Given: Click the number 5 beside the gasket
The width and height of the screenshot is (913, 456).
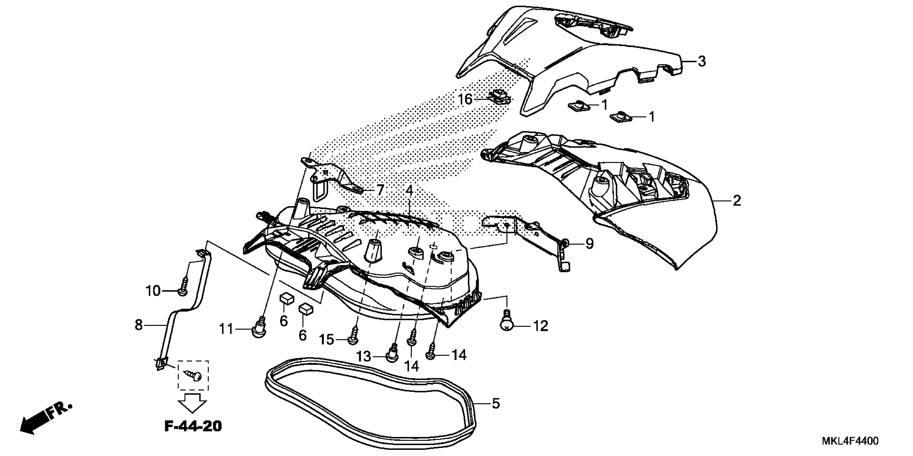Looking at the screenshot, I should [495, 403].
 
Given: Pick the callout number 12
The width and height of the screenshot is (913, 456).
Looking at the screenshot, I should [541, 326].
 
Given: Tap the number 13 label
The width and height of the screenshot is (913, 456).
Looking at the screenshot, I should [363, 356].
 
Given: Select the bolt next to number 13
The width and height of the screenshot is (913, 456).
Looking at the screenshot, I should [391, 354].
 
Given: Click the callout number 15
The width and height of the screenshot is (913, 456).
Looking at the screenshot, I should [327, 340].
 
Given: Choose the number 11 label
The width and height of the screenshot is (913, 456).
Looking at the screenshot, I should [226, 329].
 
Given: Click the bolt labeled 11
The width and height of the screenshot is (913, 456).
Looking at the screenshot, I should [259, 328].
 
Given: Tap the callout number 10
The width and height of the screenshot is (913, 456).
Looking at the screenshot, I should [153, 291].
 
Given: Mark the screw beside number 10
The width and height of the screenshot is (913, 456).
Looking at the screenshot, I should [184, 287].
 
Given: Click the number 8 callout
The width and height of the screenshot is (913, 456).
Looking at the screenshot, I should [139, 325].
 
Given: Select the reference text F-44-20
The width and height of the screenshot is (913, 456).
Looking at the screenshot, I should [193, 426].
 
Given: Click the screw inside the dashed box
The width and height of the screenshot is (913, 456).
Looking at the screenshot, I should [193, 375].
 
